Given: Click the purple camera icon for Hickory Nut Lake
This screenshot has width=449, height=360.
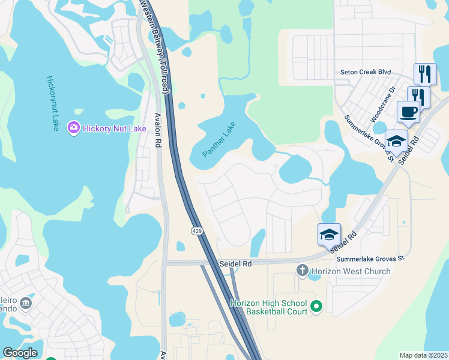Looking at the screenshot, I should point(74,128).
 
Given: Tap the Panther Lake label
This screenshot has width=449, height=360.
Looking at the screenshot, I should point(220,140).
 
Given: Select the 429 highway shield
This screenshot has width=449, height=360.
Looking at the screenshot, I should point(197,231).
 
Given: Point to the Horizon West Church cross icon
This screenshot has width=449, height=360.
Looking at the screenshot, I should point(303,271).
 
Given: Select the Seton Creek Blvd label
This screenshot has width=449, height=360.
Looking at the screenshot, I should point(366,72).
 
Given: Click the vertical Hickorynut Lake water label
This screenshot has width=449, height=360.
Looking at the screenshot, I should point(52,103).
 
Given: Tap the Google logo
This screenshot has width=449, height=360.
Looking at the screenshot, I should point(20,353).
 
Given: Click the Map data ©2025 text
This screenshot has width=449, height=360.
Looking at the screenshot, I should point(423,355).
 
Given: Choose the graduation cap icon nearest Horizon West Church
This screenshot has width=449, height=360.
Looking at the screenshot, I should point(329,233).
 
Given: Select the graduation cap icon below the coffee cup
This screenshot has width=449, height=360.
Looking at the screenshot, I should point(396,140).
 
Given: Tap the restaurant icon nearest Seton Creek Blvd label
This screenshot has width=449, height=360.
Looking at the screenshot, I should point(425,74).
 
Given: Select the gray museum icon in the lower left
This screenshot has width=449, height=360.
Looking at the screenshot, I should point(26,304).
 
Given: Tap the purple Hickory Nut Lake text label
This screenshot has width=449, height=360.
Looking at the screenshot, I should point(112,128).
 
